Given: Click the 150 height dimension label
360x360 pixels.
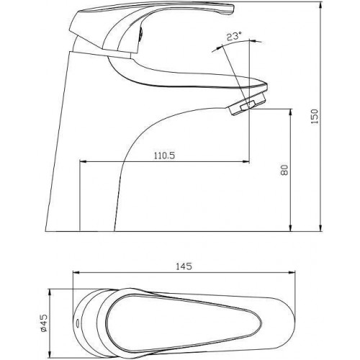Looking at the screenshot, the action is (x=315, y=116).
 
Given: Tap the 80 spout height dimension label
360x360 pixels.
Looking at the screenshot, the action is (x=284, y=170).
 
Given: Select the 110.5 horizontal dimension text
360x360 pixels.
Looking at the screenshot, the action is (x=164, y=156).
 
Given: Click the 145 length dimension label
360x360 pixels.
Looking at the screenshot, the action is (x=184, y=266).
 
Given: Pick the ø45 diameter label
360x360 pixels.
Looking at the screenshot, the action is (x=45, y=323).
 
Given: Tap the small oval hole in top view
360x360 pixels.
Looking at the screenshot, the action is (x=77, y=323).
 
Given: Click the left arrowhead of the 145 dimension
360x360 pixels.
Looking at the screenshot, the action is (x=76, y=272).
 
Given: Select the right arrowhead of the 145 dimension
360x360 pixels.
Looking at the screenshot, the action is (x=292, y=272).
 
